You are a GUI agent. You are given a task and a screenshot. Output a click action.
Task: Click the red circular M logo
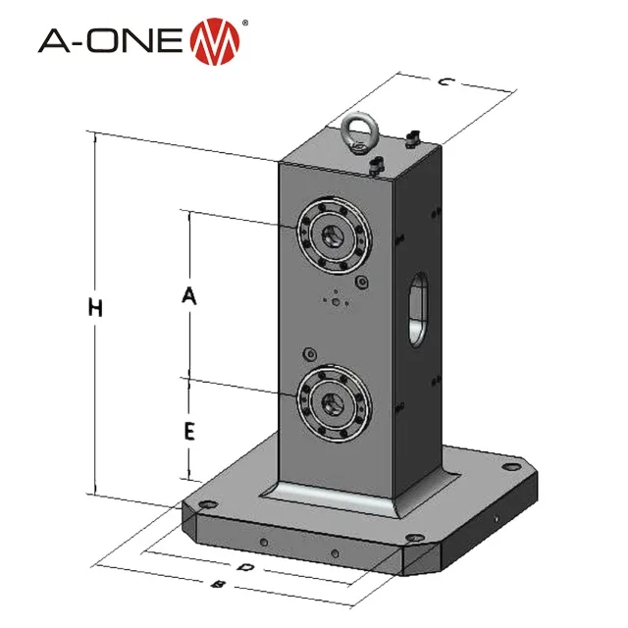(x=215, y=41)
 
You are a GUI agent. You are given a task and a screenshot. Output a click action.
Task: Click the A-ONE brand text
(x=110, y=41)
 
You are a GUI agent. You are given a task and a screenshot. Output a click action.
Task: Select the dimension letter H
(x=95, y=308)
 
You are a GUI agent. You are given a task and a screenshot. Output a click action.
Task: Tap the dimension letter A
(x=189, y=295)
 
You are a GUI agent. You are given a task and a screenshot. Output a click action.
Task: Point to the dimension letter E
(x=189, y=432)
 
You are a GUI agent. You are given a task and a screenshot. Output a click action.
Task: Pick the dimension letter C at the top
(x=445, y=82)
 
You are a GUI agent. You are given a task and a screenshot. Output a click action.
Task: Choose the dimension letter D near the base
(x=245, y=567)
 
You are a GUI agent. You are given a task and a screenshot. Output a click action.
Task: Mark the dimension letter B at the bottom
(x=218, y=585)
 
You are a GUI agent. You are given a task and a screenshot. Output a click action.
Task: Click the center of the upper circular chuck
(x=334, y=235)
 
